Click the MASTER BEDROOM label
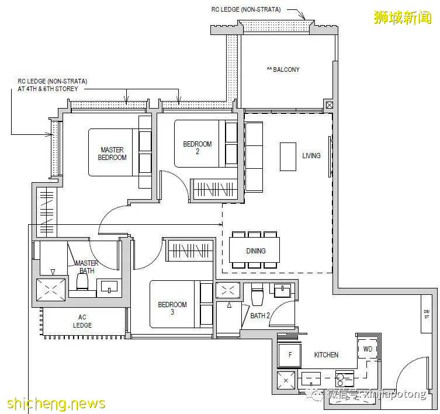point(112,154)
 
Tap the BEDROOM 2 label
point(198,148)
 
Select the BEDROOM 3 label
point(172,308)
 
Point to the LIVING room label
point(311,156)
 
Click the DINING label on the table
point(255,251)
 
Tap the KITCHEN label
point(325,355)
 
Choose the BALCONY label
point(283,69)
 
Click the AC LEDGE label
point(82,321)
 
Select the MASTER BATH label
point(85,267)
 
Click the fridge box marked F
point(289,355)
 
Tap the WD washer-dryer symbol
point(368,349)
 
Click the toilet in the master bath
point(82,283)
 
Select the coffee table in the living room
point(287,156)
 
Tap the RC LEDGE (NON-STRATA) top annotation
point(246,9)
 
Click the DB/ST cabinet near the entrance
point(427,315)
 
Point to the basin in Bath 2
point(282,290)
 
